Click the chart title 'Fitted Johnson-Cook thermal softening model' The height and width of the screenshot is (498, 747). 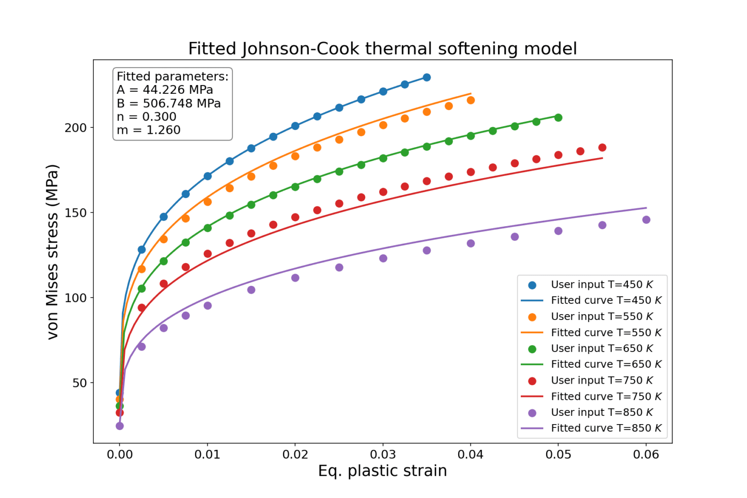[x=382, y=49]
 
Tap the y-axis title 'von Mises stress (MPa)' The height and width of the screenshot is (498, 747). [x=53, y=252]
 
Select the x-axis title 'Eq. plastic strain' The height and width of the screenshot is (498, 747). [x=382, y=471]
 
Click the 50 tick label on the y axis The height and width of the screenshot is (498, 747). [x=79, y=383]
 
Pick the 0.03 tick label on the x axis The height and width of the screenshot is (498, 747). [x=383, y=455]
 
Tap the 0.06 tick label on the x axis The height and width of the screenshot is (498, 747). [x=646, y=455]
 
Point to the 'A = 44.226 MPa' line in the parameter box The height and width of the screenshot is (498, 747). [x=165, y=90]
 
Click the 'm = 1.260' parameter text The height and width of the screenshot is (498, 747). [x=148, y=130]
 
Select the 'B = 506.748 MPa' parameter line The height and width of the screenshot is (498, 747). [x=169, y=104]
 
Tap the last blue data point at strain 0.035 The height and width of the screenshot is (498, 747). [x=427, y=77]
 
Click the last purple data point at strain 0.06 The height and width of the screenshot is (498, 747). [x=646, y=220]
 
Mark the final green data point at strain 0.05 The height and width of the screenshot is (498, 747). [x=558, y=118]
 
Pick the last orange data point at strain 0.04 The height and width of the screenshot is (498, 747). [x=470, y=100]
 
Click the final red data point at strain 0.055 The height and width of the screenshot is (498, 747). [x=602, y=147]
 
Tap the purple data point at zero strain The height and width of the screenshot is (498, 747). [x=120, y=426]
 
